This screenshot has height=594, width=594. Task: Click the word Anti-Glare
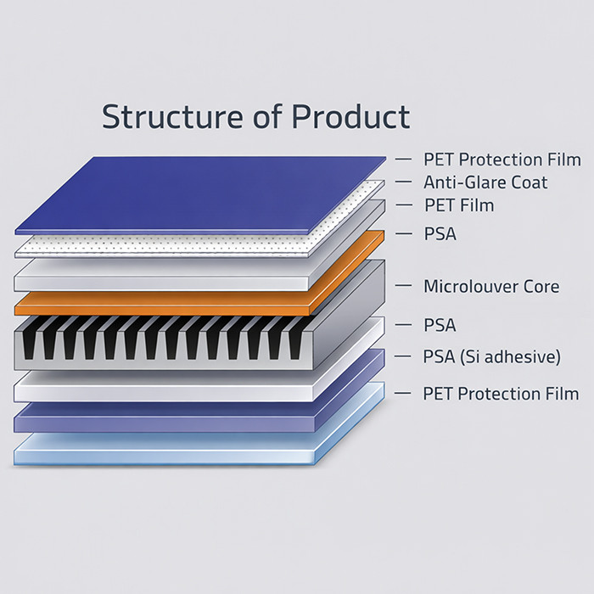[463, 182]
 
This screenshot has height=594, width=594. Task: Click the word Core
[540, 287]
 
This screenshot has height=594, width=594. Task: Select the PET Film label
[458, 205]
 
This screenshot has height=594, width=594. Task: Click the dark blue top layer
[195, 191]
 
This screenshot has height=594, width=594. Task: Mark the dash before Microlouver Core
[404, 287]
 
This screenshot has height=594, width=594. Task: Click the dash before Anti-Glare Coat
[404, 182]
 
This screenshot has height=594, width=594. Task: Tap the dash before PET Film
[404, 205]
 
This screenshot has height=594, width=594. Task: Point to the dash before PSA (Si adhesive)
[404, 357]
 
